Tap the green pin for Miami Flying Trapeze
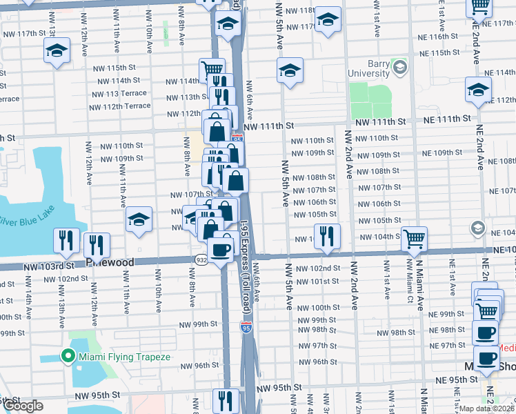tap(68, 356)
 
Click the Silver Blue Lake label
tap(26, 221)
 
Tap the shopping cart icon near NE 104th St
tap(414, 239)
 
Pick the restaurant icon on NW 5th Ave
tap(327, 236)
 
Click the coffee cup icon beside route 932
tap(221, 250)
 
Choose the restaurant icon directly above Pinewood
tap(96, 244)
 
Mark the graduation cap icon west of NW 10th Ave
tap(139, 221)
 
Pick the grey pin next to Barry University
tap(399, 66)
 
